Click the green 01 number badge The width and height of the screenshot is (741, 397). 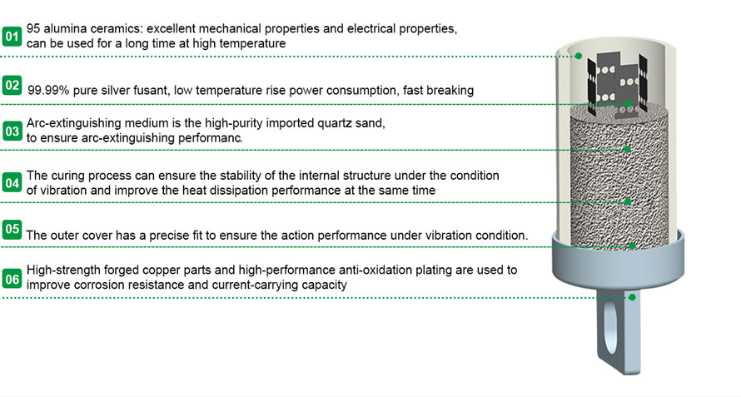[x=12, y=36]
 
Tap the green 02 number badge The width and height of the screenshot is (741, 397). [x=12, y=85]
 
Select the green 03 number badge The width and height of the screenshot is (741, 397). [x=12, y=131]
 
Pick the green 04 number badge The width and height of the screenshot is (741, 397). [x=12, y=182]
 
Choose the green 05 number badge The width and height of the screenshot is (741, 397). [x=12, y=229]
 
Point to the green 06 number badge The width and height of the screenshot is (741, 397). [x=12, y=278]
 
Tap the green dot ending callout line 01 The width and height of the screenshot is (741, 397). [x=579, y=57]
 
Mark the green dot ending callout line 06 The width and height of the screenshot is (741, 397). [x=632, y=296]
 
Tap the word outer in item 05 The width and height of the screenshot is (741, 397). [x=65, y=236]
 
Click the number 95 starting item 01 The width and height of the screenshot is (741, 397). [x=34, y=28]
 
